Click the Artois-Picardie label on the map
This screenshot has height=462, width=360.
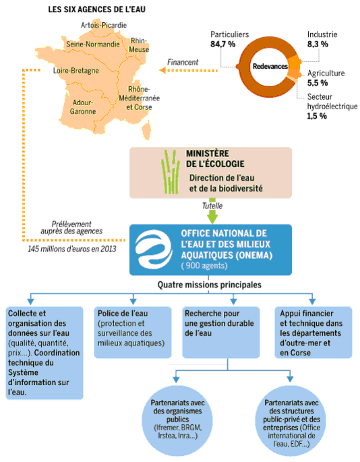point(104,26)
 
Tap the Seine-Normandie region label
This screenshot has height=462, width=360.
point(93,45)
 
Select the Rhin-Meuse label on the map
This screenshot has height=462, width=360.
point(139,45)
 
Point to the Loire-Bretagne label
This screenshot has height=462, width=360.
point(76,71)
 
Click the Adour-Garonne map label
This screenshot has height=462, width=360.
point(83,107)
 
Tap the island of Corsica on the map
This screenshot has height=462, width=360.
point(146,129)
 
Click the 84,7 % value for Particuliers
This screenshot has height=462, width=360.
point(222,45)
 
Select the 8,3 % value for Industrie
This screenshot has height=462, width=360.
point(318,45)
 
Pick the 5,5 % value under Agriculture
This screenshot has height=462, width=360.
point(318,83)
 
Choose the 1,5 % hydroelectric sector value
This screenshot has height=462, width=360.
point(317,116)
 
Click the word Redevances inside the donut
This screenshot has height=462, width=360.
point(270,66)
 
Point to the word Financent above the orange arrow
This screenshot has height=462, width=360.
point(183,62)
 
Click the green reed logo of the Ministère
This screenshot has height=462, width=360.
point(171,172)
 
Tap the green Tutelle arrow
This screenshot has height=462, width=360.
point(212,211)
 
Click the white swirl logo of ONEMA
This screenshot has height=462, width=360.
point(154,250)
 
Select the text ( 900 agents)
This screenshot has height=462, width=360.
point(204,266)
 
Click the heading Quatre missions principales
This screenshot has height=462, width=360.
point(210,285)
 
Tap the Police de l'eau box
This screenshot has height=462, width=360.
point(133,333)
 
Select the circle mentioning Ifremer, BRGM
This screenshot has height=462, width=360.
point(177,420)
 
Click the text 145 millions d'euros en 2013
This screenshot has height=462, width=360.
point(72,249)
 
